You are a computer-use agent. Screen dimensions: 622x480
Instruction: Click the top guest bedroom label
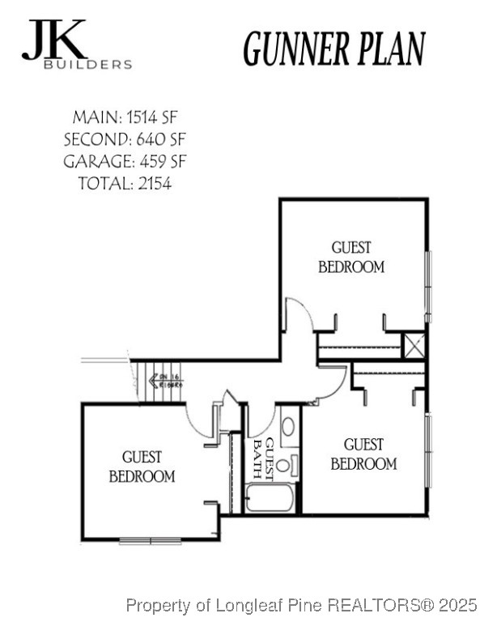350,257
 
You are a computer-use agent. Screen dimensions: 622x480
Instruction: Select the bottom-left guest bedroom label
142,467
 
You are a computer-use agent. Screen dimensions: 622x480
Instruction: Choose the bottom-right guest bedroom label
363,454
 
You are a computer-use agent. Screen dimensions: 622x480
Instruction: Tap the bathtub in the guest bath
270,496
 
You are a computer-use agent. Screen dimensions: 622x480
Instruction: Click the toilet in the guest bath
283,465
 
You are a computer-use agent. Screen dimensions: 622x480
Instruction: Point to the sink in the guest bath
289,427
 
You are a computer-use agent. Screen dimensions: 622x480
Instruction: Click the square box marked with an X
414,345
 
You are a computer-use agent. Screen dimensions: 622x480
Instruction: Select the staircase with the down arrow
159,381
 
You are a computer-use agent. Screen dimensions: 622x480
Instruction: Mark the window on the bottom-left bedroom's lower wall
150,540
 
